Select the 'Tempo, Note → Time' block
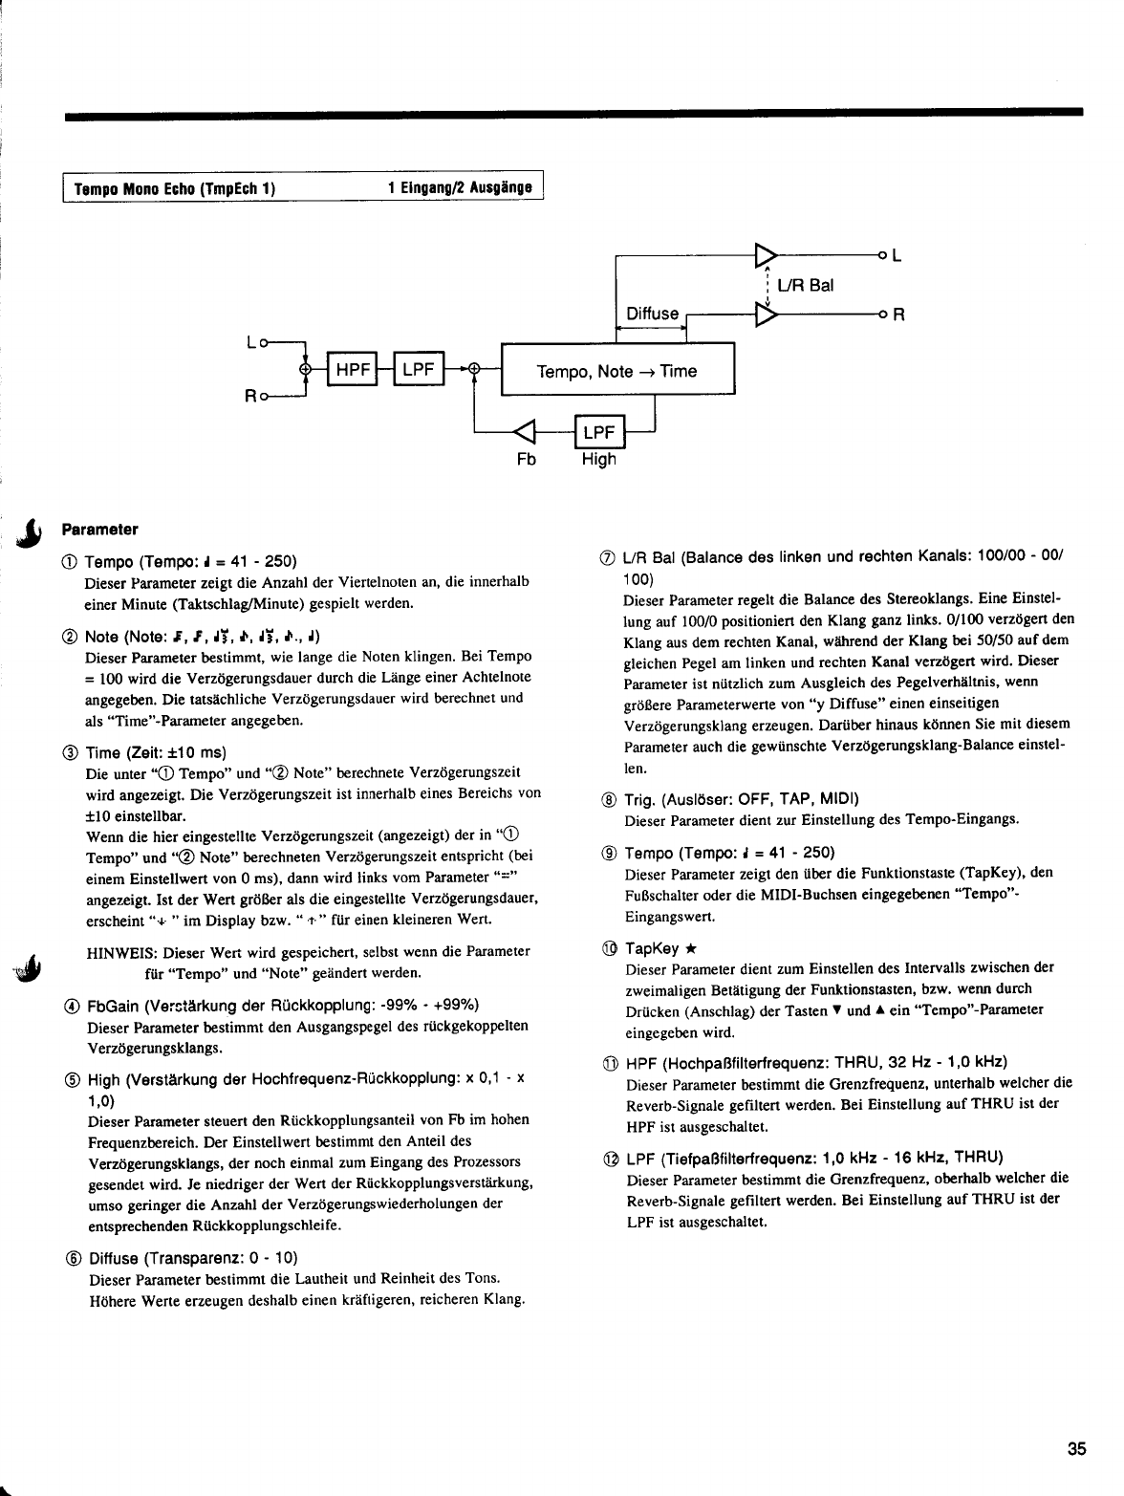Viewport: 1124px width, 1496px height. (x=617, y=371)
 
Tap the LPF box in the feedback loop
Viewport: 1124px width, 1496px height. (x=598, y=433)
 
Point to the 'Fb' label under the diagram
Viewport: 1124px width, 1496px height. (x=526, y=460)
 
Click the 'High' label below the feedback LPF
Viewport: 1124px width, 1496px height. (x=599, y=460)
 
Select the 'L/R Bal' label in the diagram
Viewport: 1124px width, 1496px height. (x=806, y=286)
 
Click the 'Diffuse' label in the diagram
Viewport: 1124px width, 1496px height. (x=653, y=314)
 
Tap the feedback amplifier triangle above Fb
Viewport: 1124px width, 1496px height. (x=527, y=433)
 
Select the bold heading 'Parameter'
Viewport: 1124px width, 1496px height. (x=100, y=529)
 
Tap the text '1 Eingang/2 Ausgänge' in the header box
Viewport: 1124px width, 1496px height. (x=460, y=188)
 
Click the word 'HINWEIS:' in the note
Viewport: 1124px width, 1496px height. (x=121, y=952)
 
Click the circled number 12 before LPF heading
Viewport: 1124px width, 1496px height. (x=611, y=1158)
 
